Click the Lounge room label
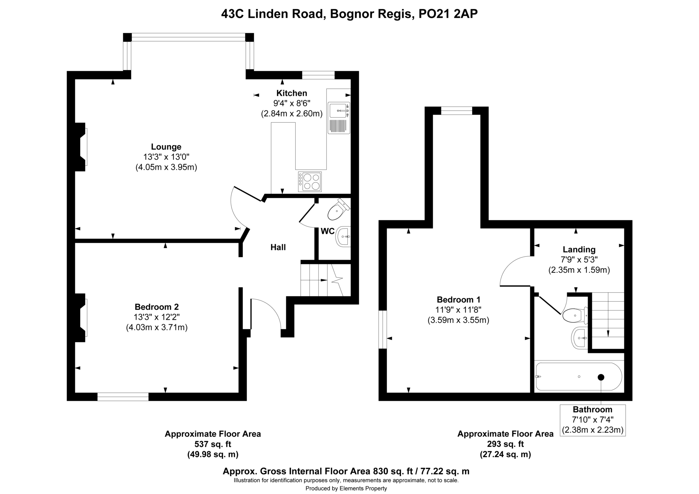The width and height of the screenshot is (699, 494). click(166, 147)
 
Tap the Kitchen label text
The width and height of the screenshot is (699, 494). click(291, 93)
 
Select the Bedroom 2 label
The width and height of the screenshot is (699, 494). click(157, 307)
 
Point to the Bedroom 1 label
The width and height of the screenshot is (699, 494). click(458, 300)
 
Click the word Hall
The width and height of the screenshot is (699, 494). click(278, 247)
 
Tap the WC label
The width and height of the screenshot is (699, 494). click(328, 231)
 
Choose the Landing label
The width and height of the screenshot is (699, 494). click(579, 250)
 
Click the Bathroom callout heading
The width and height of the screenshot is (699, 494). click(593, 409)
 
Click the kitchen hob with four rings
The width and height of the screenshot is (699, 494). click(310, 182)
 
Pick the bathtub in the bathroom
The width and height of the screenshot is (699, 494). click(579, 377)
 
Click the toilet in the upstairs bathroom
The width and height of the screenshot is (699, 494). click(575, 315)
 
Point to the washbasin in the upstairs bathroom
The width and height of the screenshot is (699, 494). click(579, 338)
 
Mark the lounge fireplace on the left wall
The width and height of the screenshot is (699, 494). click(81, 147)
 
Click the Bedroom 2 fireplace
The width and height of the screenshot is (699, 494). click(81, 317)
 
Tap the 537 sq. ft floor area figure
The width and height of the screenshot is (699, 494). click(213, 444)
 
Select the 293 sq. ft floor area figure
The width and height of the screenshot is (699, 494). click(505, 444)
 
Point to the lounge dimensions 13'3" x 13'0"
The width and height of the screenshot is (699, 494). click(166, 157)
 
